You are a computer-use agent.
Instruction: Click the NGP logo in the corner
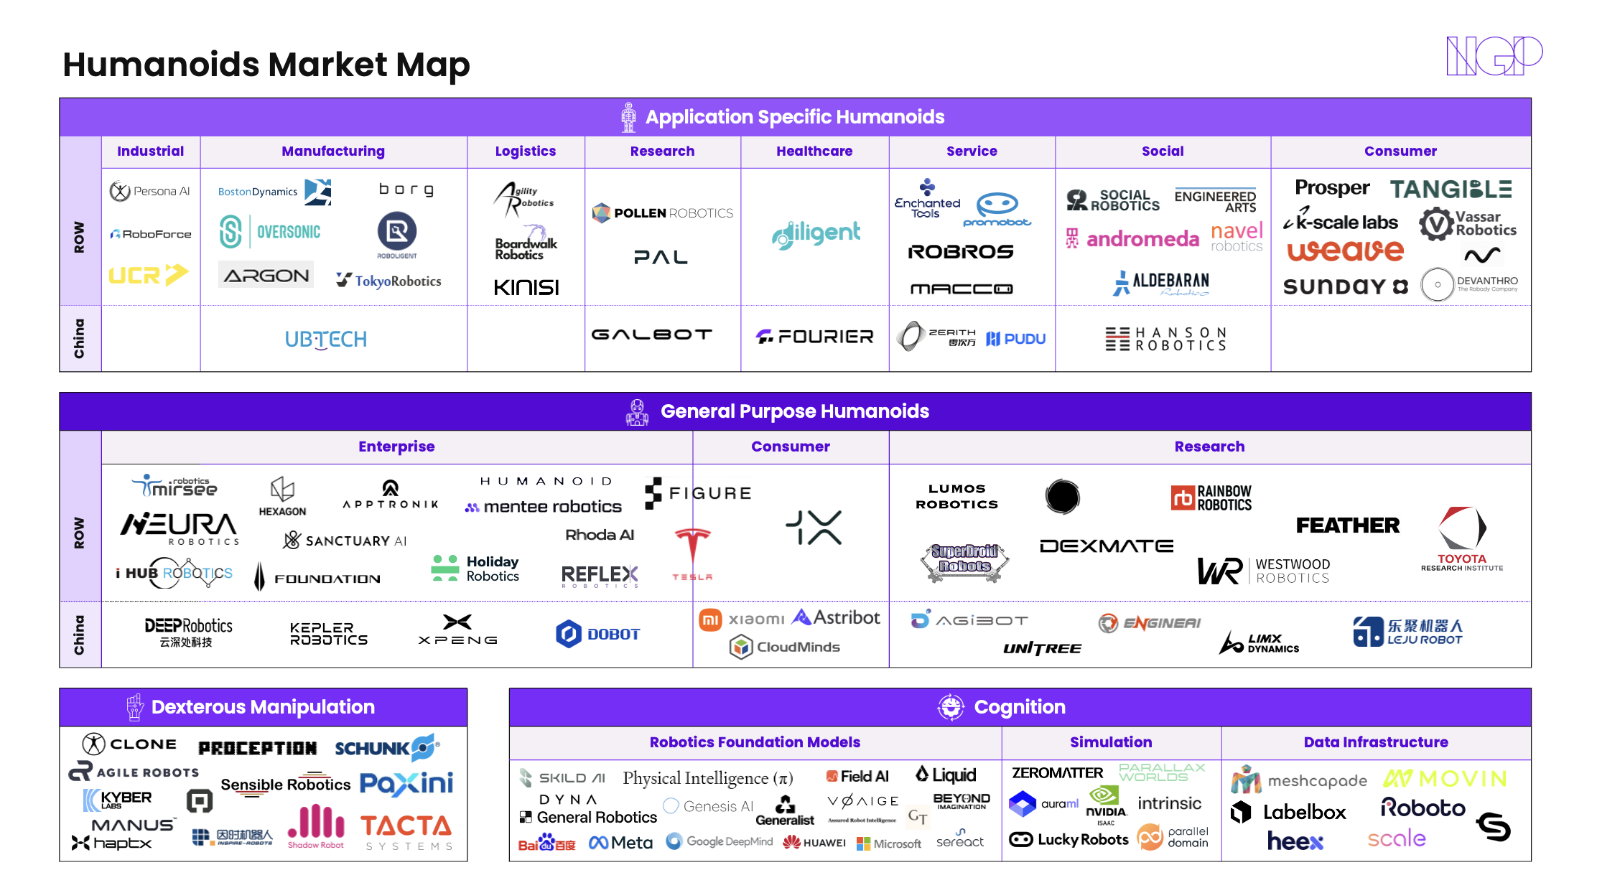(1494, 56)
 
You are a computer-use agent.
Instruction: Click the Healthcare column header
(814, 151)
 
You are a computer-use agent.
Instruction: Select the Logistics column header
(525, 151)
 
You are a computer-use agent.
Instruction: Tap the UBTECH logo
(326, 339)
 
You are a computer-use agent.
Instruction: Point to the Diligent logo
(816, 234)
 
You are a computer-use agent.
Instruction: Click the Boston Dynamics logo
(274, 192)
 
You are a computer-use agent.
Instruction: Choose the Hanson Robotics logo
(1166, 339)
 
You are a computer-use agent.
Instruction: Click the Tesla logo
(692, 553)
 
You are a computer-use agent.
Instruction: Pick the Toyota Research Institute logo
(1462, 538)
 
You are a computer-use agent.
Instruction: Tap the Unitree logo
(1042, 649)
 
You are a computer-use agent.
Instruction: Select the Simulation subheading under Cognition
(1111, 742)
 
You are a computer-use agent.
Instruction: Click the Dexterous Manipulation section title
(263, 707)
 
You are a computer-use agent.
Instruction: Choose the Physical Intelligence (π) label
(707, 778)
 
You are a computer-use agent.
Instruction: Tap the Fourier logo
(814, 337)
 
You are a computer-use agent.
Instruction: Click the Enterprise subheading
(396, 446)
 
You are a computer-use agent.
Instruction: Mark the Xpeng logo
(457, 630)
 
